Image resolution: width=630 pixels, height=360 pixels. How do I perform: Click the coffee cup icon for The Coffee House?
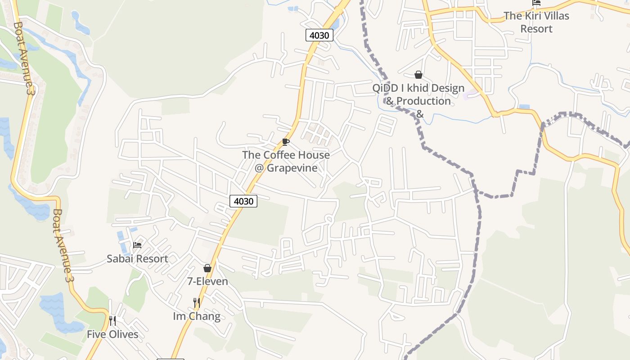[285, 142]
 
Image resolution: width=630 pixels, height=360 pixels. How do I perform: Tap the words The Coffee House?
[286, 155]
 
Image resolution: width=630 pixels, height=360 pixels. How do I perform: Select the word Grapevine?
[292, 168]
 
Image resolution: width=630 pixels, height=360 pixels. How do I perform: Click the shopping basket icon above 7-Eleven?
[207, 268]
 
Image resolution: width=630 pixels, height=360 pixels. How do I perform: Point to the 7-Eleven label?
[207, 282]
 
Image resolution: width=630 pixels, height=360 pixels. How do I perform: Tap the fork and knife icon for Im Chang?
[196, 302]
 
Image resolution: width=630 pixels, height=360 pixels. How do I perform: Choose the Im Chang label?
[197, 316]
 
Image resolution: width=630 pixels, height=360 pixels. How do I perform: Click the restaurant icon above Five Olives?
[112, 321]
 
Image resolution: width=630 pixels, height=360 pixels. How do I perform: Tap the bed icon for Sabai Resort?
[137, 245]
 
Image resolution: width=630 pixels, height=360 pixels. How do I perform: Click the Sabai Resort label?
[137, 259]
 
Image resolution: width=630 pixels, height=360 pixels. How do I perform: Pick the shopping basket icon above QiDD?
[418, 75]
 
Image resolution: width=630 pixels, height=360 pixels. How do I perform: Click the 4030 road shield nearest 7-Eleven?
[243, 201]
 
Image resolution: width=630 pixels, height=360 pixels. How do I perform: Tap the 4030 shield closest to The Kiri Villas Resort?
[319, 35]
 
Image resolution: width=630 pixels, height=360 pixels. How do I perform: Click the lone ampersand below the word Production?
[419, 114]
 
